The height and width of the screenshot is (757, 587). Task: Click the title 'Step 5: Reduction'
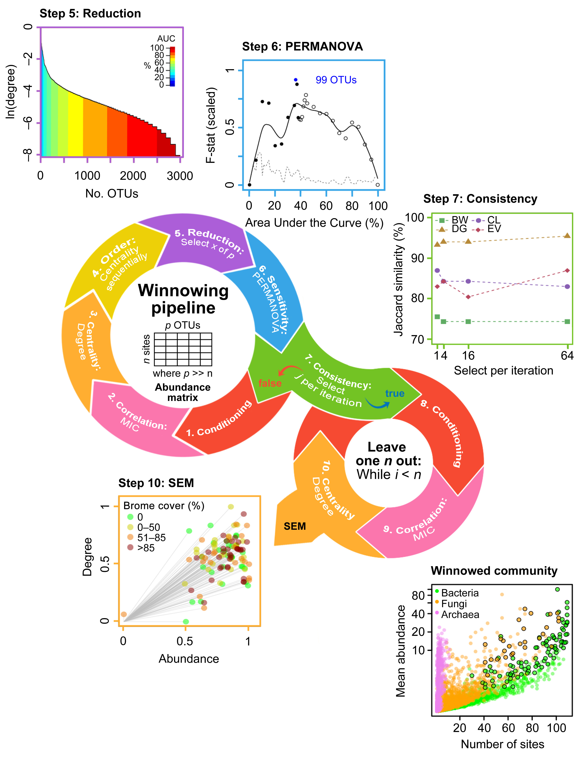90,14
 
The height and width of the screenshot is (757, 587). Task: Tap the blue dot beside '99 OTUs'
295,80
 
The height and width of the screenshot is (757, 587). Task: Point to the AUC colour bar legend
172,66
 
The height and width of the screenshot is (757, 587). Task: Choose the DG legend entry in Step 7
454,229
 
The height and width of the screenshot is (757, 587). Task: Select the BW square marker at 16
468,322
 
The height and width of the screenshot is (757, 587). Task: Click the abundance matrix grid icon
183,349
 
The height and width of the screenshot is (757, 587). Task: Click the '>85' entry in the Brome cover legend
146,548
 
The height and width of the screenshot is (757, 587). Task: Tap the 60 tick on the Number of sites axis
508,728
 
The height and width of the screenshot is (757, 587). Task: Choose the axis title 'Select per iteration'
503,371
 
